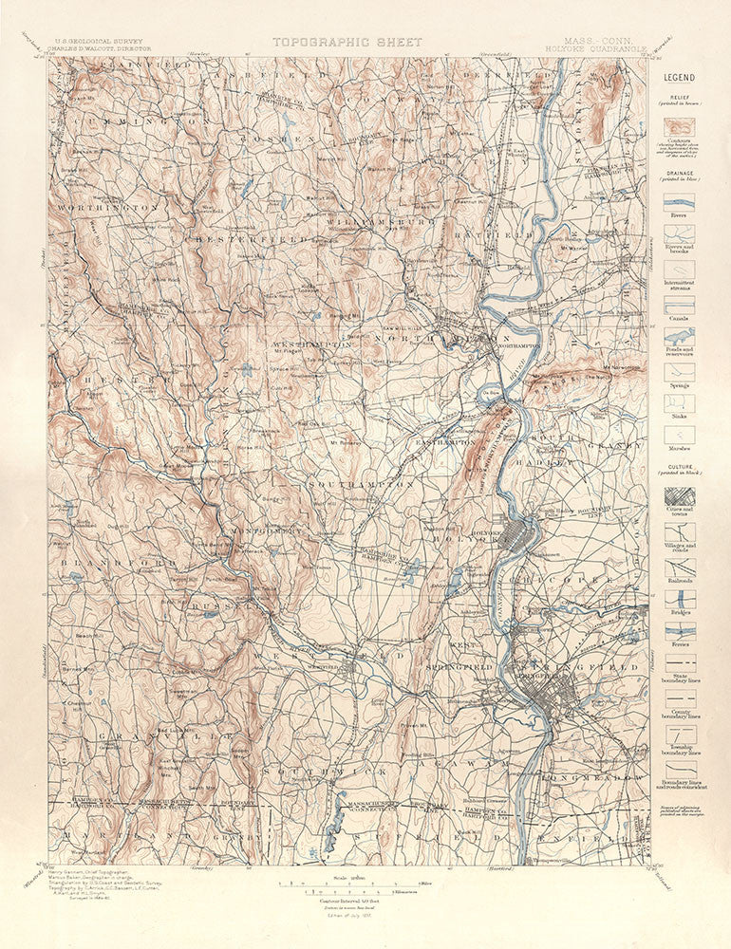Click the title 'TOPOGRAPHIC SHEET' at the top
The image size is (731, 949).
pos(329,42)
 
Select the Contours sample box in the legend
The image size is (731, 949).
pos(679,126)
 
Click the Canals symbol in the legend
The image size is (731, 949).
pos(679,304)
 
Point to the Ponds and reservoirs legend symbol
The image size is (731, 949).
pos(679,336)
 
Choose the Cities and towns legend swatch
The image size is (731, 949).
pos(679,496)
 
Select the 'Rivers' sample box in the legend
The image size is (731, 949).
pos(679,201)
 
